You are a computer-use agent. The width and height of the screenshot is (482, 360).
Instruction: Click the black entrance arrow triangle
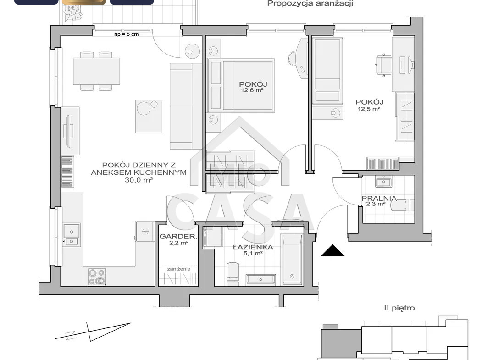tap(332, 250)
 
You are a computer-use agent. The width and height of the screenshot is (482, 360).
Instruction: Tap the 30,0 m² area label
tap(139, 180)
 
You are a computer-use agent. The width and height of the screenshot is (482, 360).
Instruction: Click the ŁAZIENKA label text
tap(253, 247)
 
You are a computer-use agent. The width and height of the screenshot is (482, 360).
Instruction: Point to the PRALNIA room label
tap(379, 198)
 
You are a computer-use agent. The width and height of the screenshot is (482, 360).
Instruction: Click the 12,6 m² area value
tap(252, 90)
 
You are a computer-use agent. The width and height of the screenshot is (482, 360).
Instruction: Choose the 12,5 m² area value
tap(369, 109)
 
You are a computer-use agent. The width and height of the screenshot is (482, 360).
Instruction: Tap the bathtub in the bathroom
tap(292, 260)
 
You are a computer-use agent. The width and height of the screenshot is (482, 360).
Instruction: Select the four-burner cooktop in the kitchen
tap(97, 277)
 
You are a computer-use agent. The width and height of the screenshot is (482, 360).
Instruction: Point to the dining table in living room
tap(96, 71)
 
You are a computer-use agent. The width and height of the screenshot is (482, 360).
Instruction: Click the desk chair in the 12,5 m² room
tap(384, 65)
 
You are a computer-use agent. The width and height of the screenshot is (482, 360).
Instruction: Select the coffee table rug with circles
tap(149, 116)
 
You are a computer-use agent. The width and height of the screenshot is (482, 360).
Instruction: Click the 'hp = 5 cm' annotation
tap(126, 34)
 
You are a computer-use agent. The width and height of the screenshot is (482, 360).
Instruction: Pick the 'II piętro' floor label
tap(399, 308)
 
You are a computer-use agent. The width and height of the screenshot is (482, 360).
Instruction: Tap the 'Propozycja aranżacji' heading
tap(310, 4)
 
